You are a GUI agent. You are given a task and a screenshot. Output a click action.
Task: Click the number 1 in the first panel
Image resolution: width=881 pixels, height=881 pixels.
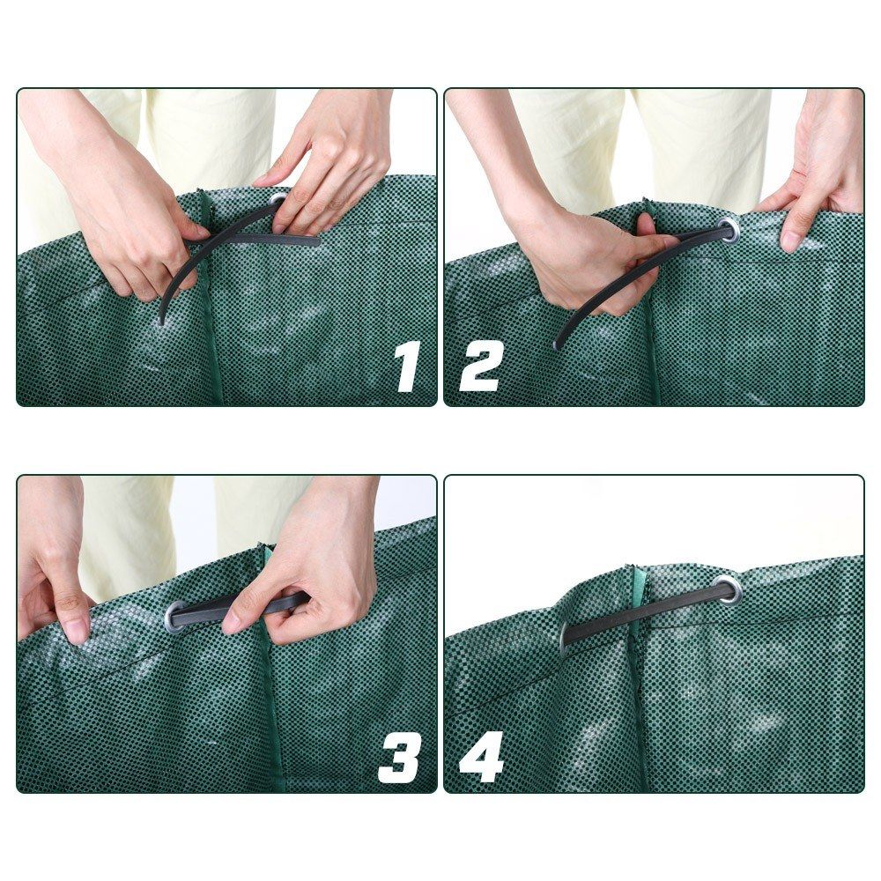406,366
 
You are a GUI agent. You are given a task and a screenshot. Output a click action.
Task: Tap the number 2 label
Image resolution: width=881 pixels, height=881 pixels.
481,366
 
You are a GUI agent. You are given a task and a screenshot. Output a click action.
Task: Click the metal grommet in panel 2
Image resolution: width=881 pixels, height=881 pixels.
729,231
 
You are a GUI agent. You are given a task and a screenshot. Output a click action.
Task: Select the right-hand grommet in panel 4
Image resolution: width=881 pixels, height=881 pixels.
727,591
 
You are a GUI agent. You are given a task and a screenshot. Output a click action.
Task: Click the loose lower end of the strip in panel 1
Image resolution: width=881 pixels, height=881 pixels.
162,317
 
